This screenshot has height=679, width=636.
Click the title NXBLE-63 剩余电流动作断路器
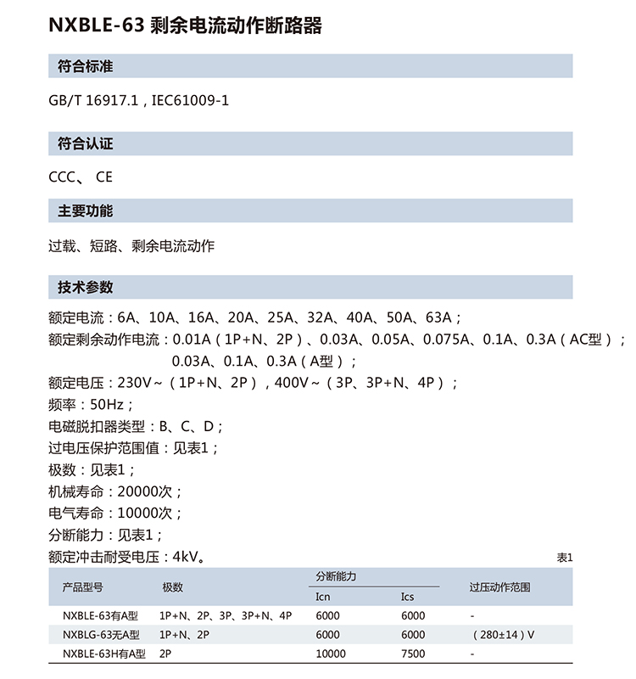(x=186, y=25)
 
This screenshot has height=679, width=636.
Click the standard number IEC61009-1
(x=191, y=100)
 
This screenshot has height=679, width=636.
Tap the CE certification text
(x=104, y=177)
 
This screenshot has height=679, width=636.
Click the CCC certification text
(x=64, y=177)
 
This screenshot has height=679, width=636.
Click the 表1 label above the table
(x=565, y=558)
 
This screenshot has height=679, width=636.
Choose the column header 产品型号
(x=83, y=587)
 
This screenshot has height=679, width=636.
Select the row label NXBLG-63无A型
(x=102, y=635)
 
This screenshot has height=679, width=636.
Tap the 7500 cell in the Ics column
(x=413, y=654)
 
